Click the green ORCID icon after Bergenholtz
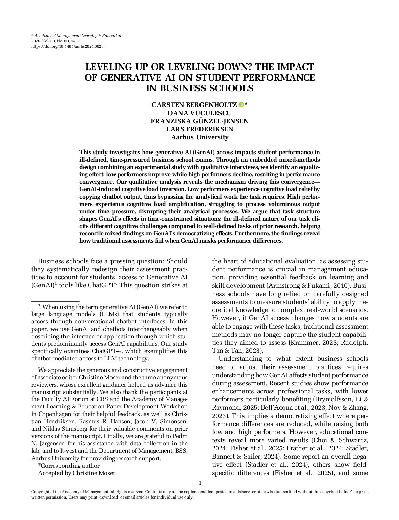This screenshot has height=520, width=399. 241,105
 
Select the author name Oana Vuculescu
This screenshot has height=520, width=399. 199,113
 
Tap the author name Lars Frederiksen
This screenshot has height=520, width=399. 199,129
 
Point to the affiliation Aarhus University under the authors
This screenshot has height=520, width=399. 199,137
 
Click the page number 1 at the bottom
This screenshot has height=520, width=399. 200,483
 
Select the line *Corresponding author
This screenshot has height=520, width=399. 69,466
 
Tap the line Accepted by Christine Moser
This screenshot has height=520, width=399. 77,473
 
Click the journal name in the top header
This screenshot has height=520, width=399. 78,36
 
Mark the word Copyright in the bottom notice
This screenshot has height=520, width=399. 40,491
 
